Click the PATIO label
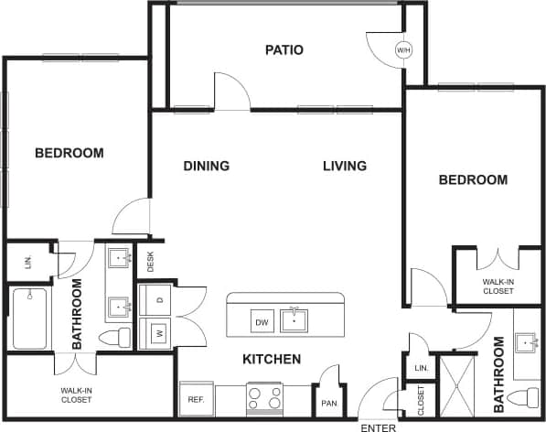[284, 49]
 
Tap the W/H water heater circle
[403, 50]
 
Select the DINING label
[206, 166]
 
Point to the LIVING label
[345, 166]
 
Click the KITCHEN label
[272, 360]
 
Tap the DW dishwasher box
[262, 321]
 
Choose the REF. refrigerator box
[196, 399]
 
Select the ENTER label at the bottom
[378, 427]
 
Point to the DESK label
[150, 262]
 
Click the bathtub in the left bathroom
[29, 319]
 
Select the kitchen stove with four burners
[265, 398]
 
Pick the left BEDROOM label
[70, 153]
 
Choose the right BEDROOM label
[473, 180]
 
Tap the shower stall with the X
[454, 385]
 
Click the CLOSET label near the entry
[421, 399]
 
